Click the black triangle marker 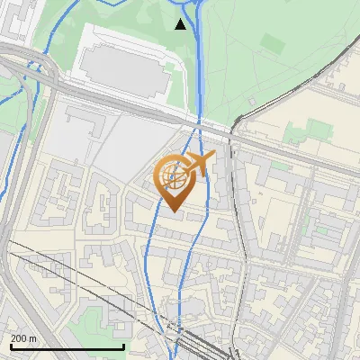[181, 24]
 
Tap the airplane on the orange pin [199, 163]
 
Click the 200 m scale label [23, 338]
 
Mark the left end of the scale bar [10, 346]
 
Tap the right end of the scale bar [123, 346]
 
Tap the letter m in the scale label [32, 339]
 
